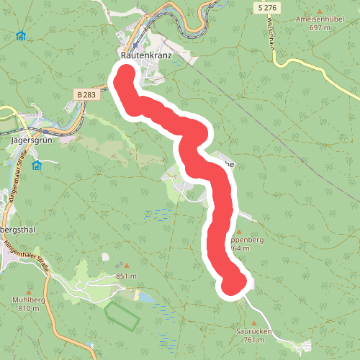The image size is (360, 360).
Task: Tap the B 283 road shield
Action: click(x=86, y=94)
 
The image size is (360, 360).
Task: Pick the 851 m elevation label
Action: click(x=126, y=276)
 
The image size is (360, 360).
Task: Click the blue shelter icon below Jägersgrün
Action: click(x=37, y=165)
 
